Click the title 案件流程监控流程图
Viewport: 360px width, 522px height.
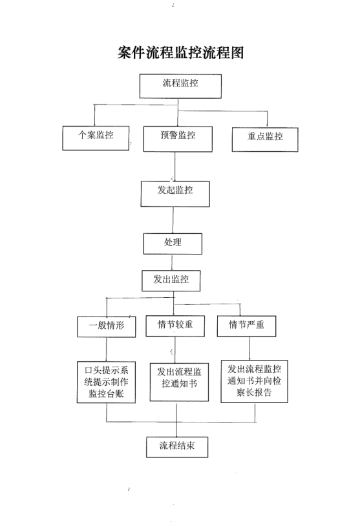180,52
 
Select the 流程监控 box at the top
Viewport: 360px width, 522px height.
180,86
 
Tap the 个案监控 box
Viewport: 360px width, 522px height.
96,138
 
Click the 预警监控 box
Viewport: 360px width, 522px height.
178,139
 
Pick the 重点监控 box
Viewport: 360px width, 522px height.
265,140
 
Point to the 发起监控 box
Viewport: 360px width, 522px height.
175,194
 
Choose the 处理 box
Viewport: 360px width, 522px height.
173,244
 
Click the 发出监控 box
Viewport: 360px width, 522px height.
171,280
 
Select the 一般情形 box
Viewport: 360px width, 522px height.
107,327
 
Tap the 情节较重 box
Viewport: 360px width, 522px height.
175,326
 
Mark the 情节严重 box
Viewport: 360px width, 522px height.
246,326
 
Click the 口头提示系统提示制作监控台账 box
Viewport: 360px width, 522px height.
106,382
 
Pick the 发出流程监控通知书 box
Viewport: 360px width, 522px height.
179,382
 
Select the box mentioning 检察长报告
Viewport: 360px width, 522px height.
255,382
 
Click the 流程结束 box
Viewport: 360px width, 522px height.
177,447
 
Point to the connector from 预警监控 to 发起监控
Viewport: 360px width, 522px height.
175,167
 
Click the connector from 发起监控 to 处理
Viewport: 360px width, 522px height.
173,220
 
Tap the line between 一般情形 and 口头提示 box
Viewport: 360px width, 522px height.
107,350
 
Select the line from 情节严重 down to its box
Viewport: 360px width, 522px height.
249,348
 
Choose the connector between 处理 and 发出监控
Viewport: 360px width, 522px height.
172,262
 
